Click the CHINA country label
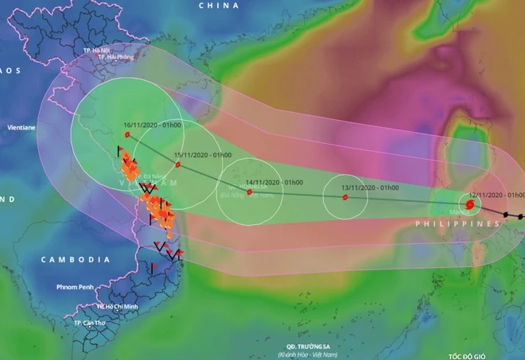219,6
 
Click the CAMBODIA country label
76,260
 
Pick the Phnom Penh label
76,286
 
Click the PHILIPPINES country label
457,225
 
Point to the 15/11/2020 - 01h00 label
202,154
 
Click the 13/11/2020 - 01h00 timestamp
370,188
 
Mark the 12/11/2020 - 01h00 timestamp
497,195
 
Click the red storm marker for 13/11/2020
345,197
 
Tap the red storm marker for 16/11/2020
127,135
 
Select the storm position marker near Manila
470,206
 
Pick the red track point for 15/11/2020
178,165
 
